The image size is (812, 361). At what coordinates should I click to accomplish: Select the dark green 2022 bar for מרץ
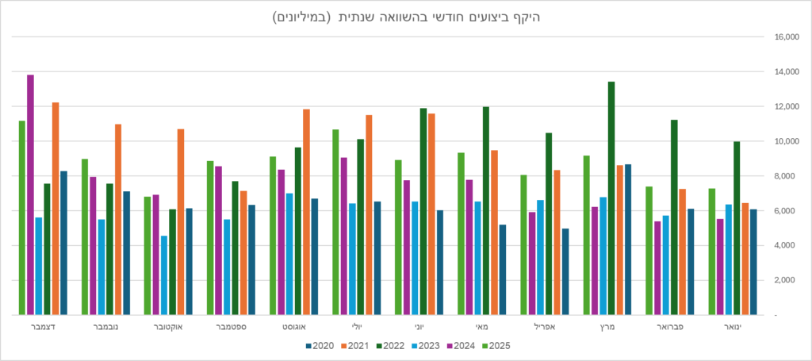[x=611, y=198]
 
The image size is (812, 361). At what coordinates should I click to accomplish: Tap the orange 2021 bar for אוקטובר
[x=181, y=221]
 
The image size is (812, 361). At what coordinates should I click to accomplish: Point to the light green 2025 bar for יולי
[x=335, y=222]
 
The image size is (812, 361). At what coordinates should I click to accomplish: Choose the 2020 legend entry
[x=320, y=345]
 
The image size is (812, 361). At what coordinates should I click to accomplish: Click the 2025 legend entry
[x=496, y=345]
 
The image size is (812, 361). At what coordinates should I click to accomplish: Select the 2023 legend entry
[x=427, y=345]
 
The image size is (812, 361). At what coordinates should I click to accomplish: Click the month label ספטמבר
[x=230, y=326]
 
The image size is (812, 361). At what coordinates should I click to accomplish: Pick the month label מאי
[x=481, y=326]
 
